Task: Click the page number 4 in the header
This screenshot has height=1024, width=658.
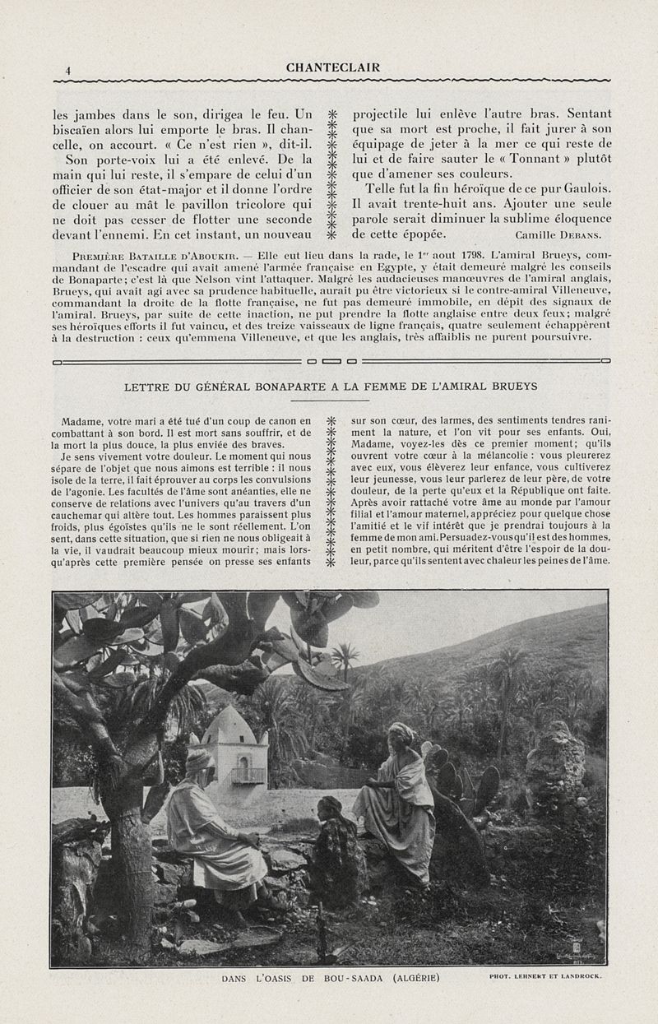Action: [x=68, y=71]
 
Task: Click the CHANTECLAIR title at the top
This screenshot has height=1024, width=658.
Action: [x=333, y=67]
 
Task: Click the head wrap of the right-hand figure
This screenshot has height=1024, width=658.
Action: [x=401, y=730]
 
